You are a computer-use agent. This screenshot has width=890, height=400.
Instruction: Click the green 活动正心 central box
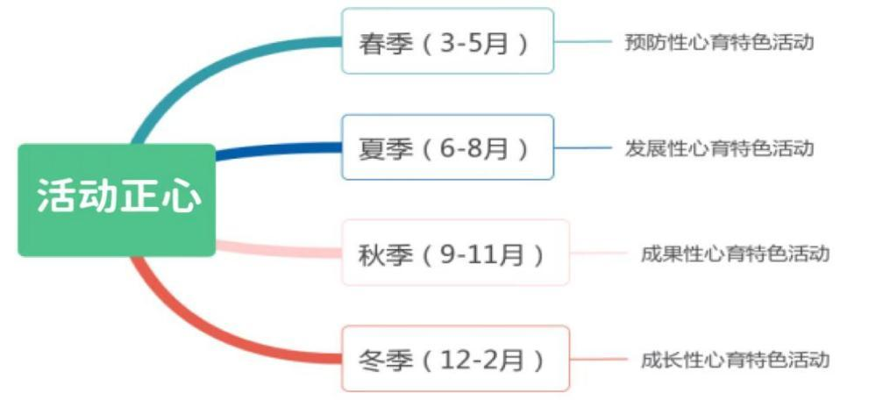point(117,199)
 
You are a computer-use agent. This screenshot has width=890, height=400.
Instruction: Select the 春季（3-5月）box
point(447,41)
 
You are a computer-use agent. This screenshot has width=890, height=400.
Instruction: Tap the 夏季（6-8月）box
point(447,147)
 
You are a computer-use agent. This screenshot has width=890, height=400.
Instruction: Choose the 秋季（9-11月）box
point(454,253)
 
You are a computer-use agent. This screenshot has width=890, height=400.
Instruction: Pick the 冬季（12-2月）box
point(454,359)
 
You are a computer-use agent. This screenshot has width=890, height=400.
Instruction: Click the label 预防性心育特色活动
point(719,42)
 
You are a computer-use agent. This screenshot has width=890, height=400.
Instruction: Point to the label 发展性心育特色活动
point(719,147)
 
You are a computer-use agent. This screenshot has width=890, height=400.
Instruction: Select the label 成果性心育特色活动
point(735,254)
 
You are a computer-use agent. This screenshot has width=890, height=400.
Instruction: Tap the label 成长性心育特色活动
point(735,359)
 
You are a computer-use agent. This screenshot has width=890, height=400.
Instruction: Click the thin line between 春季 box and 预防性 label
point(582,41)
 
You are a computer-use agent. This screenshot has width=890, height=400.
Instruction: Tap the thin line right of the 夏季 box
point(582,147)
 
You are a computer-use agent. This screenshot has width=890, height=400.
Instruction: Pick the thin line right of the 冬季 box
point(598,359)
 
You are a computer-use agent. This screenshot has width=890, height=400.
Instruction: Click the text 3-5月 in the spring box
point(473,43)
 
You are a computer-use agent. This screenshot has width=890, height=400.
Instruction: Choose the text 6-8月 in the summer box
point(473,149)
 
